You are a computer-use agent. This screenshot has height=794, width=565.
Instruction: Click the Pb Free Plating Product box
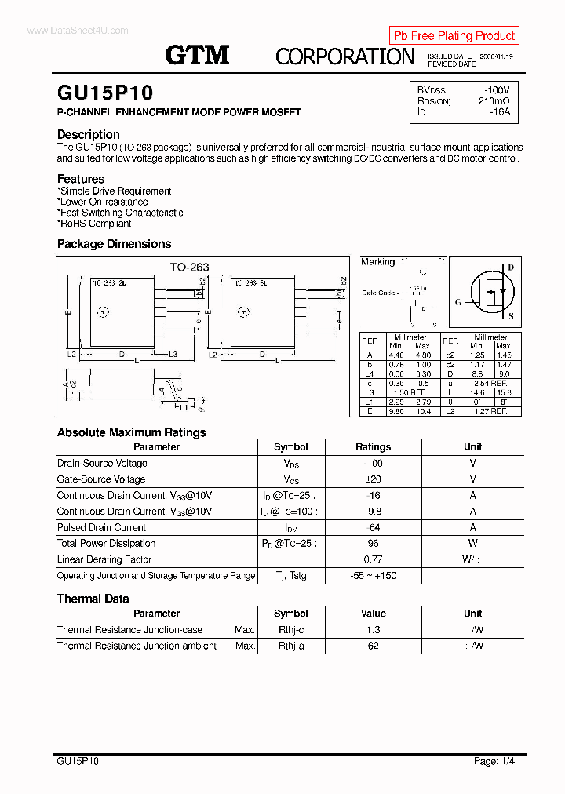point(454,35)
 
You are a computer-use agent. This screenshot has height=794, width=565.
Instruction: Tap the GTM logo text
point(197,55)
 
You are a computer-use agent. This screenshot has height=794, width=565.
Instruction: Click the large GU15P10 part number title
point(105,93)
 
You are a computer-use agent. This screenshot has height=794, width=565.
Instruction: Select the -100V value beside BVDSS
point(496,90)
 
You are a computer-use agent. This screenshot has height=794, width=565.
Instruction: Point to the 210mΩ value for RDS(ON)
point(494,101)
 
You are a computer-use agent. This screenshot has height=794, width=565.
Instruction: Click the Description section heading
point(89,134)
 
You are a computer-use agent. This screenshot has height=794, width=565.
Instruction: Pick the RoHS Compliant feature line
point(95,224)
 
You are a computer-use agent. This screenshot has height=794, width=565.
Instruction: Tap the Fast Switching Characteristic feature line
point(121,213)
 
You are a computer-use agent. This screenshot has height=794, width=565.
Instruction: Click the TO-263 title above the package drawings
point(190,267)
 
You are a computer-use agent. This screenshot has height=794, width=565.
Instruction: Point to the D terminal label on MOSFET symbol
point(511,268)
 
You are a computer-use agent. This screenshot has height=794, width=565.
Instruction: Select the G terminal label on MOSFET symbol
point(458,301)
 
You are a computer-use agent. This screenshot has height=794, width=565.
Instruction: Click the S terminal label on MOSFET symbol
point(511,317)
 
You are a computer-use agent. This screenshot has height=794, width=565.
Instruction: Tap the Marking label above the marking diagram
point(378,262)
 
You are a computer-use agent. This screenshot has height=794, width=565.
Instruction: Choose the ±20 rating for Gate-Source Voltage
point(373,479)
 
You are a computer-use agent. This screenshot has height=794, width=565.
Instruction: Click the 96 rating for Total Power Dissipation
point(373,544)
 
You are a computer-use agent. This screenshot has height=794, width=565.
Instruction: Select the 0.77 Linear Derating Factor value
point(373,559)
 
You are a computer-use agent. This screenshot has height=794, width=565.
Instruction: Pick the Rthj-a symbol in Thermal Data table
point(291,646)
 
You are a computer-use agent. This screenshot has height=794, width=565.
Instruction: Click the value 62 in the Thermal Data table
point(373,646)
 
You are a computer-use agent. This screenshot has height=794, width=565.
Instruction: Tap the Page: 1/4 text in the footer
point(494,761)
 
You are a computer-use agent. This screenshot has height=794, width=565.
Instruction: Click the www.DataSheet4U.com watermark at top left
point(77,31)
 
